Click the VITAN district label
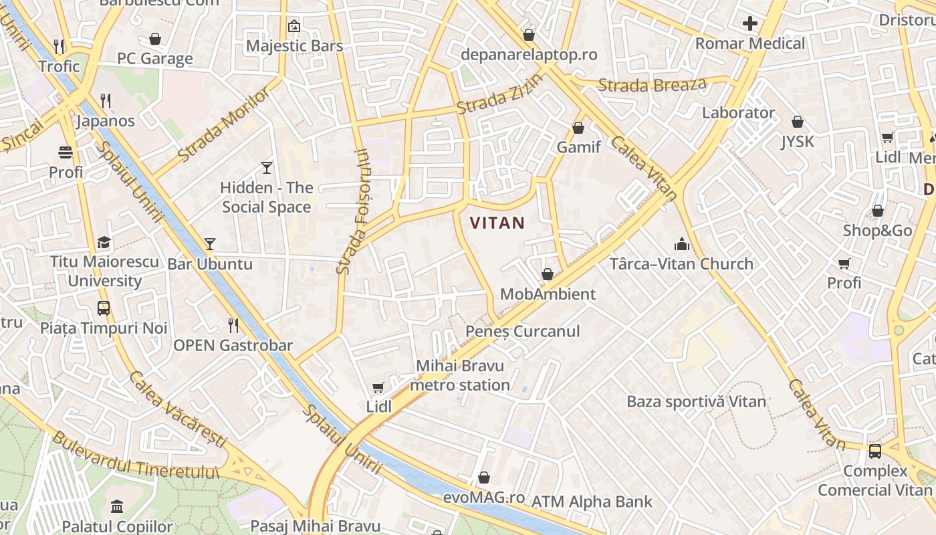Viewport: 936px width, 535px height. pyautogui.click(x=498, y=223)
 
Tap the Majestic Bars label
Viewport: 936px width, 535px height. pyautogui.click(x=294, y=46)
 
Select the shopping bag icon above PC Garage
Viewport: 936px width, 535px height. pyautogui.click(x=155, y=39)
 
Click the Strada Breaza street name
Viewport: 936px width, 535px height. pyautogui.click(x=652, y=85)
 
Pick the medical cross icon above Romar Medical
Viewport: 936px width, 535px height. pyautogui.click(x=750, y=24)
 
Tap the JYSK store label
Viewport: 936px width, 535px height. pyautogui.click(x=798, y=142)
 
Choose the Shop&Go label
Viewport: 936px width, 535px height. pyautogui.click(x=877, y=231)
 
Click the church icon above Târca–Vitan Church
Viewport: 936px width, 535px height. pyautogui.click(x=681, y=244)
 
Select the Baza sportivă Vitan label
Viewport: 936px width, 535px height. pyautogui.click(x=696, y=402)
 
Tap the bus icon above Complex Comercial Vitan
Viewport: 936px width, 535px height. pyautogui.click(x=874, y=451)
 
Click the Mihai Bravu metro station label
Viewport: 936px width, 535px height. pyautogui.click(x=460, y=375)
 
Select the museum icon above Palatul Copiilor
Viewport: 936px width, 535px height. pyautogui.click(x=117, y=506)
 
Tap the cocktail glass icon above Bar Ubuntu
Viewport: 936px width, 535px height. pyautogui.click(x=210, y=244)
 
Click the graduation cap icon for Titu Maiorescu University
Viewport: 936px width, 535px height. pyautogui.click(x=104, y=242)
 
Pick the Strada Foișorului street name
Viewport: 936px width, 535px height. pyautogui.click(x=352, y=211)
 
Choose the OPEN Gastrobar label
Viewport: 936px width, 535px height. pyautogui.click(x=233, y=346)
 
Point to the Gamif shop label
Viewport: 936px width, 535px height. pyautogui.click(x=578, y=147)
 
